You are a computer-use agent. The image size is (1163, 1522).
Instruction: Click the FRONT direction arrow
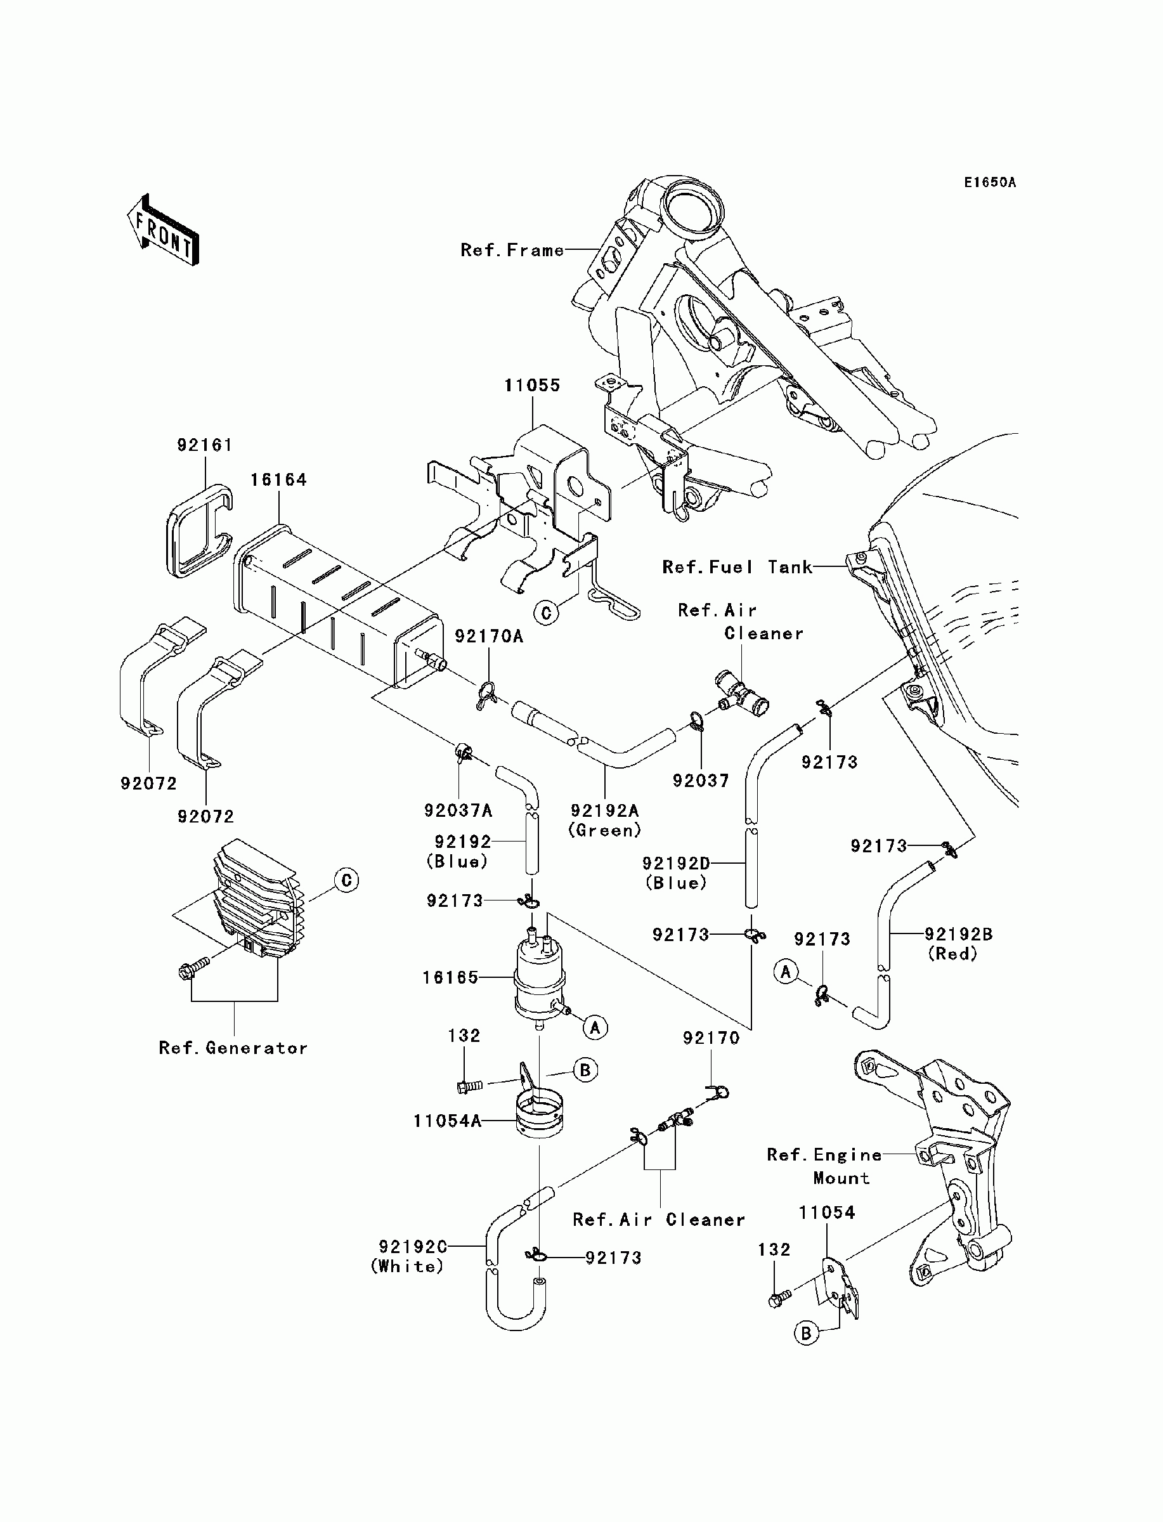[x=164, y=230]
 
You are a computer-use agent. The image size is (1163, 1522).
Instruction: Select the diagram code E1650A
[x=989, y=183]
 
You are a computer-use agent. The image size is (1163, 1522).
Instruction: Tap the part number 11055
[x=531, y=386]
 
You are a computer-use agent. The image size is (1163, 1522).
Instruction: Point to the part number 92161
[x=204, y=445]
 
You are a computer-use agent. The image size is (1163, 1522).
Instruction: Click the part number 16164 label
[x=278, y=479]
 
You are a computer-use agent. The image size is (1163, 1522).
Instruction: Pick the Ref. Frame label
[x=512, y=250]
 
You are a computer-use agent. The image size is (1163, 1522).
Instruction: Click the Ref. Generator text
[x=233, y=1048]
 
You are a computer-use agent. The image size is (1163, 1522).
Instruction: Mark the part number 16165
[x=451, y=977]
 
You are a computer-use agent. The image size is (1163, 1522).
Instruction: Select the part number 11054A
[x=447, y=1121]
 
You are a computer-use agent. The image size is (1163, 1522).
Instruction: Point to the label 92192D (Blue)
[x=677, y=873]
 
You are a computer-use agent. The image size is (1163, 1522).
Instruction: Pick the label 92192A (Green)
[x=604, y=820]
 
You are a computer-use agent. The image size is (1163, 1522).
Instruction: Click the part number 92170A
[x=489, y=636]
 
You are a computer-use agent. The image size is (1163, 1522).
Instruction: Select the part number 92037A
[x=458, y=810]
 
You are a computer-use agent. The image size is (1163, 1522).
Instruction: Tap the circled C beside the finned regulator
[x=346, y=880]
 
